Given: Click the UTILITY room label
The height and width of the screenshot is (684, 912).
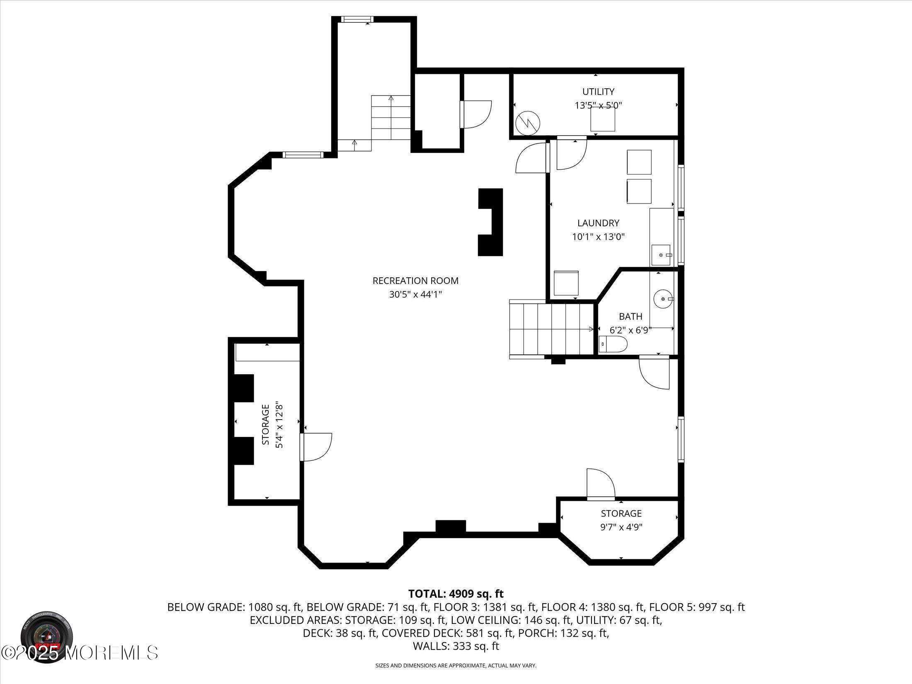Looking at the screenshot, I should tap(598, 92).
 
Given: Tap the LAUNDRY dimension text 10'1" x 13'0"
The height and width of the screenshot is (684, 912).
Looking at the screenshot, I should tap(598, 237).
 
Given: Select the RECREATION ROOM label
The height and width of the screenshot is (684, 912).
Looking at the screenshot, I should tap(415, 281).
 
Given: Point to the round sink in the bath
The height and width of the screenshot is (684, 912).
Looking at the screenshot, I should tap(662, 298).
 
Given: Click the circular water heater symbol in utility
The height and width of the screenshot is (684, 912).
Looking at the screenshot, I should tap(527, 122).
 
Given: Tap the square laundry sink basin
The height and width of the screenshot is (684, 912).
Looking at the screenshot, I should tap(660, 255).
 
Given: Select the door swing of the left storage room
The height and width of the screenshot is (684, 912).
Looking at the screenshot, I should tap(317, 446).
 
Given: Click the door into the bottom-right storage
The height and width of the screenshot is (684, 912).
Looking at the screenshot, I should tap(600, 483).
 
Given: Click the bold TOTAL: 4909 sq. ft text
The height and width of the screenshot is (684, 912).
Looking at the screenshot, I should tap(456, 594).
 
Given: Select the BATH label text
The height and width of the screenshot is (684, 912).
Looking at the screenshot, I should tap(630, 317).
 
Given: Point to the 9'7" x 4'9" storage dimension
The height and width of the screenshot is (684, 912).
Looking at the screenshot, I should tap(621, 527).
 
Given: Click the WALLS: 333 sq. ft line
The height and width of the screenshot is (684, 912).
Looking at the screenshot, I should tap(456, 646).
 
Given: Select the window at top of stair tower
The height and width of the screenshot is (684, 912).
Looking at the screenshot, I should tap(357, 19).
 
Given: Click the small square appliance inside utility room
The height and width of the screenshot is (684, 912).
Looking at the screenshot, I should tap(602, 119).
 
